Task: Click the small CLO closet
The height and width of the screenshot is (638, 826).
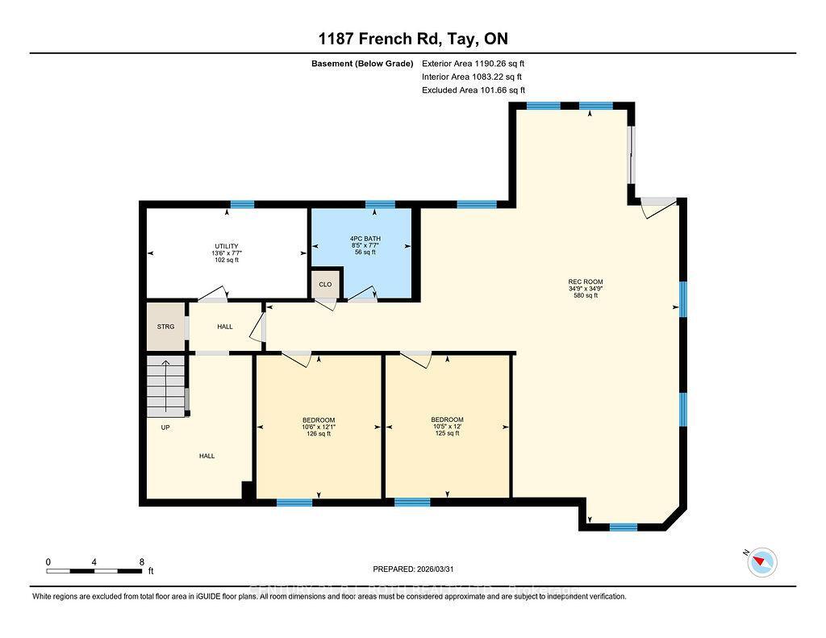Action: pyautogui.click(x=325, y=284)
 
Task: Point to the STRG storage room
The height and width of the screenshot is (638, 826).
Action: pyautogui.click(x=165, y=327)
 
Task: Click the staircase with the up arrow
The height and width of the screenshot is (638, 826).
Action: pyautogui.click(x=166, y=387)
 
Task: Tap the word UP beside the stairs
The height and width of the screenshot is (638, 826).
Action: pyautogui.click(x=165, y=427)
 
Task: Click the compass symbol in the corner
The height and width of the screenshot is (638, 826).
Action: pyautogui.click(x=761, y=561)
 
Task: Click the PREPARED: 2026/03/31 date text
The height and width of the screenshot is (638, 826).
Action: pyautogui.click(x=418, y=567)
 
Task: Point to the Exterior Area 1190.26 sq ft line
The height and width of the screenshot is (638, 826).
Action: pyautogui.click(x=473, y=63)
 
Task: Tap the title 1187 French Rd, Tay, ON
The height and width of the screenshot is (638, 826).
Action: pyautogui.click(x=412, y=39)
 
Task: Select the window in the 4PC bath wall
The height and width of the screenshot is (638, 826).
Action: pyautogui.click(x=380, y=204)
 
